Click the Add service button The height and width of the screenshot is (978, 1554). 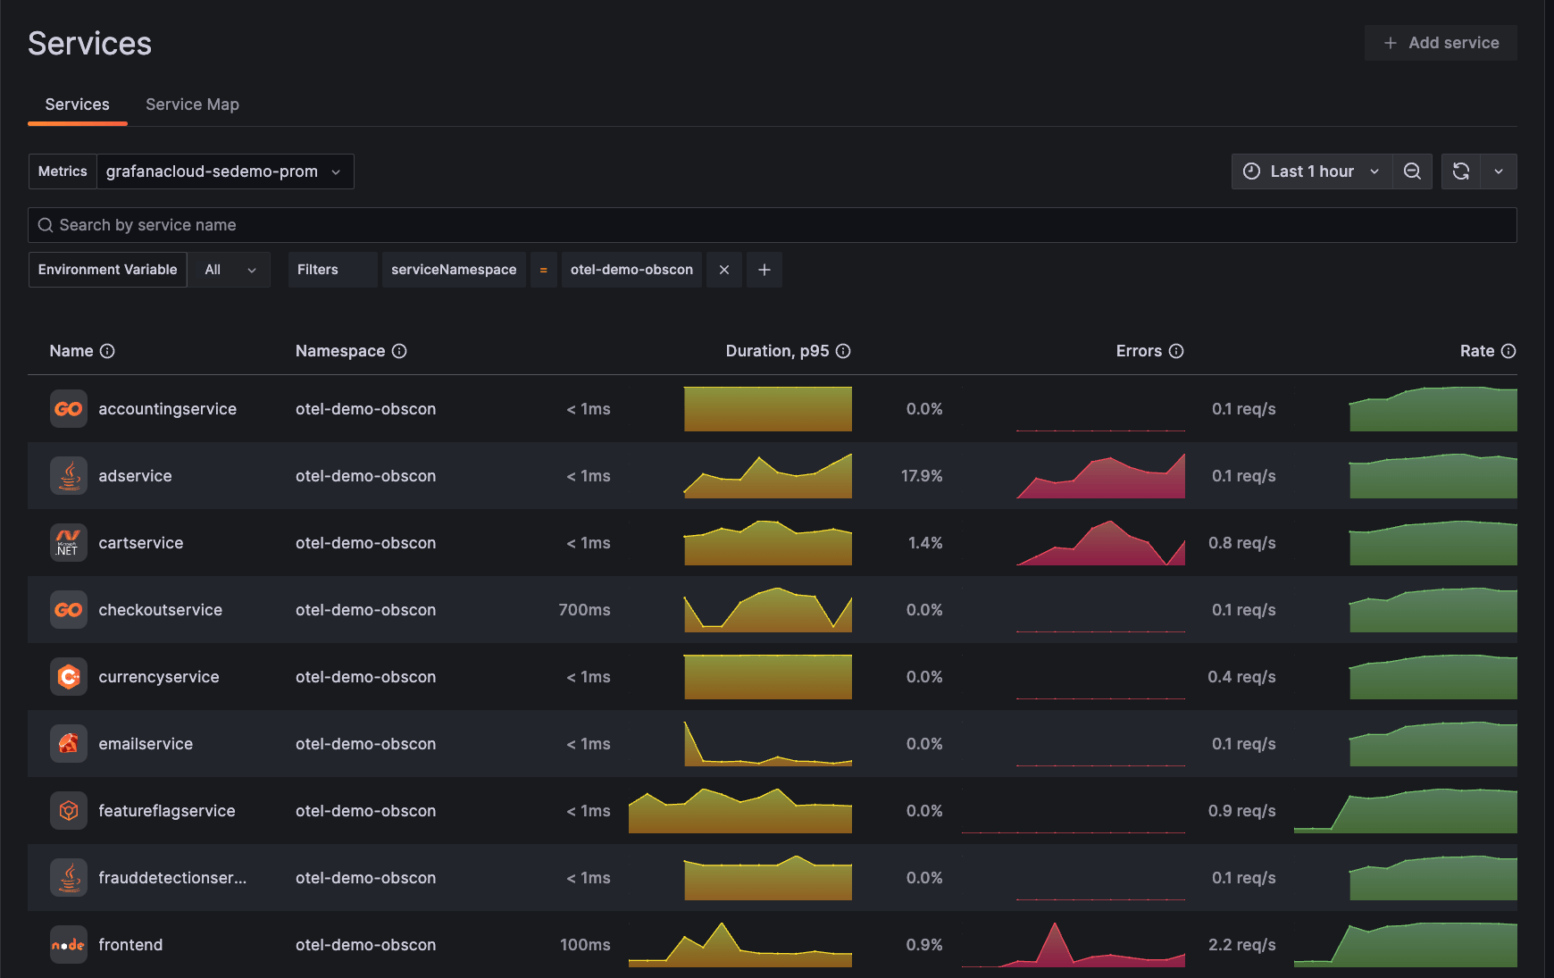1440,43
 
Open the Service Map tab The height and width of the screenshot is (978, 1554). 192,104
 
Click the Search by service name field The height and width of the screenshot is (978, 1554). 772,225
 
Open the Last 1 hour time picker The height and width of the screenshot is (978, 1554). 1311,171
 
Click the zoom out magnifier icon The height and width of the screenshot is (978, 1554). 1412,171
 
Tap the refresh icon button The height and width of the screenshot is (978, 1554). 1461,171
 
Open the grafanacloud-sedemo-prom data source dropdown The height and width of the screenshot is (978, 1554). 224,171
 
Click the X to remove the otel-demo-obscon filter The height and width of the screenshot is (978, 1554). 724,270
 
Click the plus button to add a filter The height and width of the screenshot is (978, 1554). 764,270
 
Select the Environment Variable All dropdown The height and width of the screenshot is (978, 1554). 230,270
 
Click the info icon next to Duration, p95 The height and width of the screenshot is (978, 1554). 843,351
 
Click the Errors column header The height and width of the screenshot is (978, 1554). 1139,351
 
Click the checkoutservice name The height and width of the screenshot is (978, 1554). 161,610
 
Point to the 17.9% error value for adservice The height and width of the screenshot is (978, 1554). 922,476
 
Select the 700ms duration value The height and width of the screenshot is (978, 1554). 584,610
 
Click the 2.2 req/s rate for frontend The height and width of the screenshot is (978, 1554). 1241,945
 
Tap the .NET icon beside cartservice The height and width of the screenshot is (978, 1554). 69,543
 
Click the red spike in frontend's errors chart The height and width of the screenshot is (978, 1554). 1056,938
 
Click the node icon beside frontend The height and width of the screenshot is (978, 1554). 69,945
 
